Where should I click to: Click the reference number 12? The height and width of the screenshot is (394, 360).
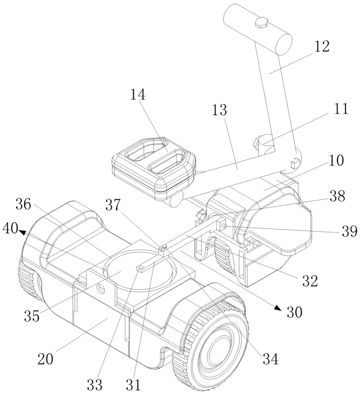point(322,46)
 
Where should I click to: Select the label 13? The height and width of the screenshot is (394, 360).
point(220,110)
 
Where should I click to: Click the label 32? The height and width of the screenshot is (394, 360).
point(310,281)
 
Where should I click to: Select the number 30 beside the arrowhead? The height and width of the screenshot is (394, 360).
point(294,312)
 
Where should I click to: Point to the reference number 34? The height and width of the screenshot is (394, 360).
point(271,359)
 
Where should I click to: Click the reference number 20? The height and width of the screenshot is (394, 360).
point(45,359)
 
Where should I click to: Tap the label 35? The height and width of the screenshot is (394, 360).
point(32,315)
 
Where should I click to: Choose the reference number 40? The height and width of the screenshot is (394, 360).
point(10,229)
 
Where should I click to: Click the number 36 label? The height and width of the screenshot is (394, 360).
point(23,204)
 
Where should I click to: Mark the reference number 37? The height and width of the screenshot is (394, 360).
point(113,205)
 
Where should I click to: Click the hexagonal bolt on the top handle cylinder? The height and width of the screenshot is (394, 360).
point(261,22)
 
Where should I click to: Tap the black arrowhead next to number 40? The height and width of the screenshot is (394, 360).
point(22,233)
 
